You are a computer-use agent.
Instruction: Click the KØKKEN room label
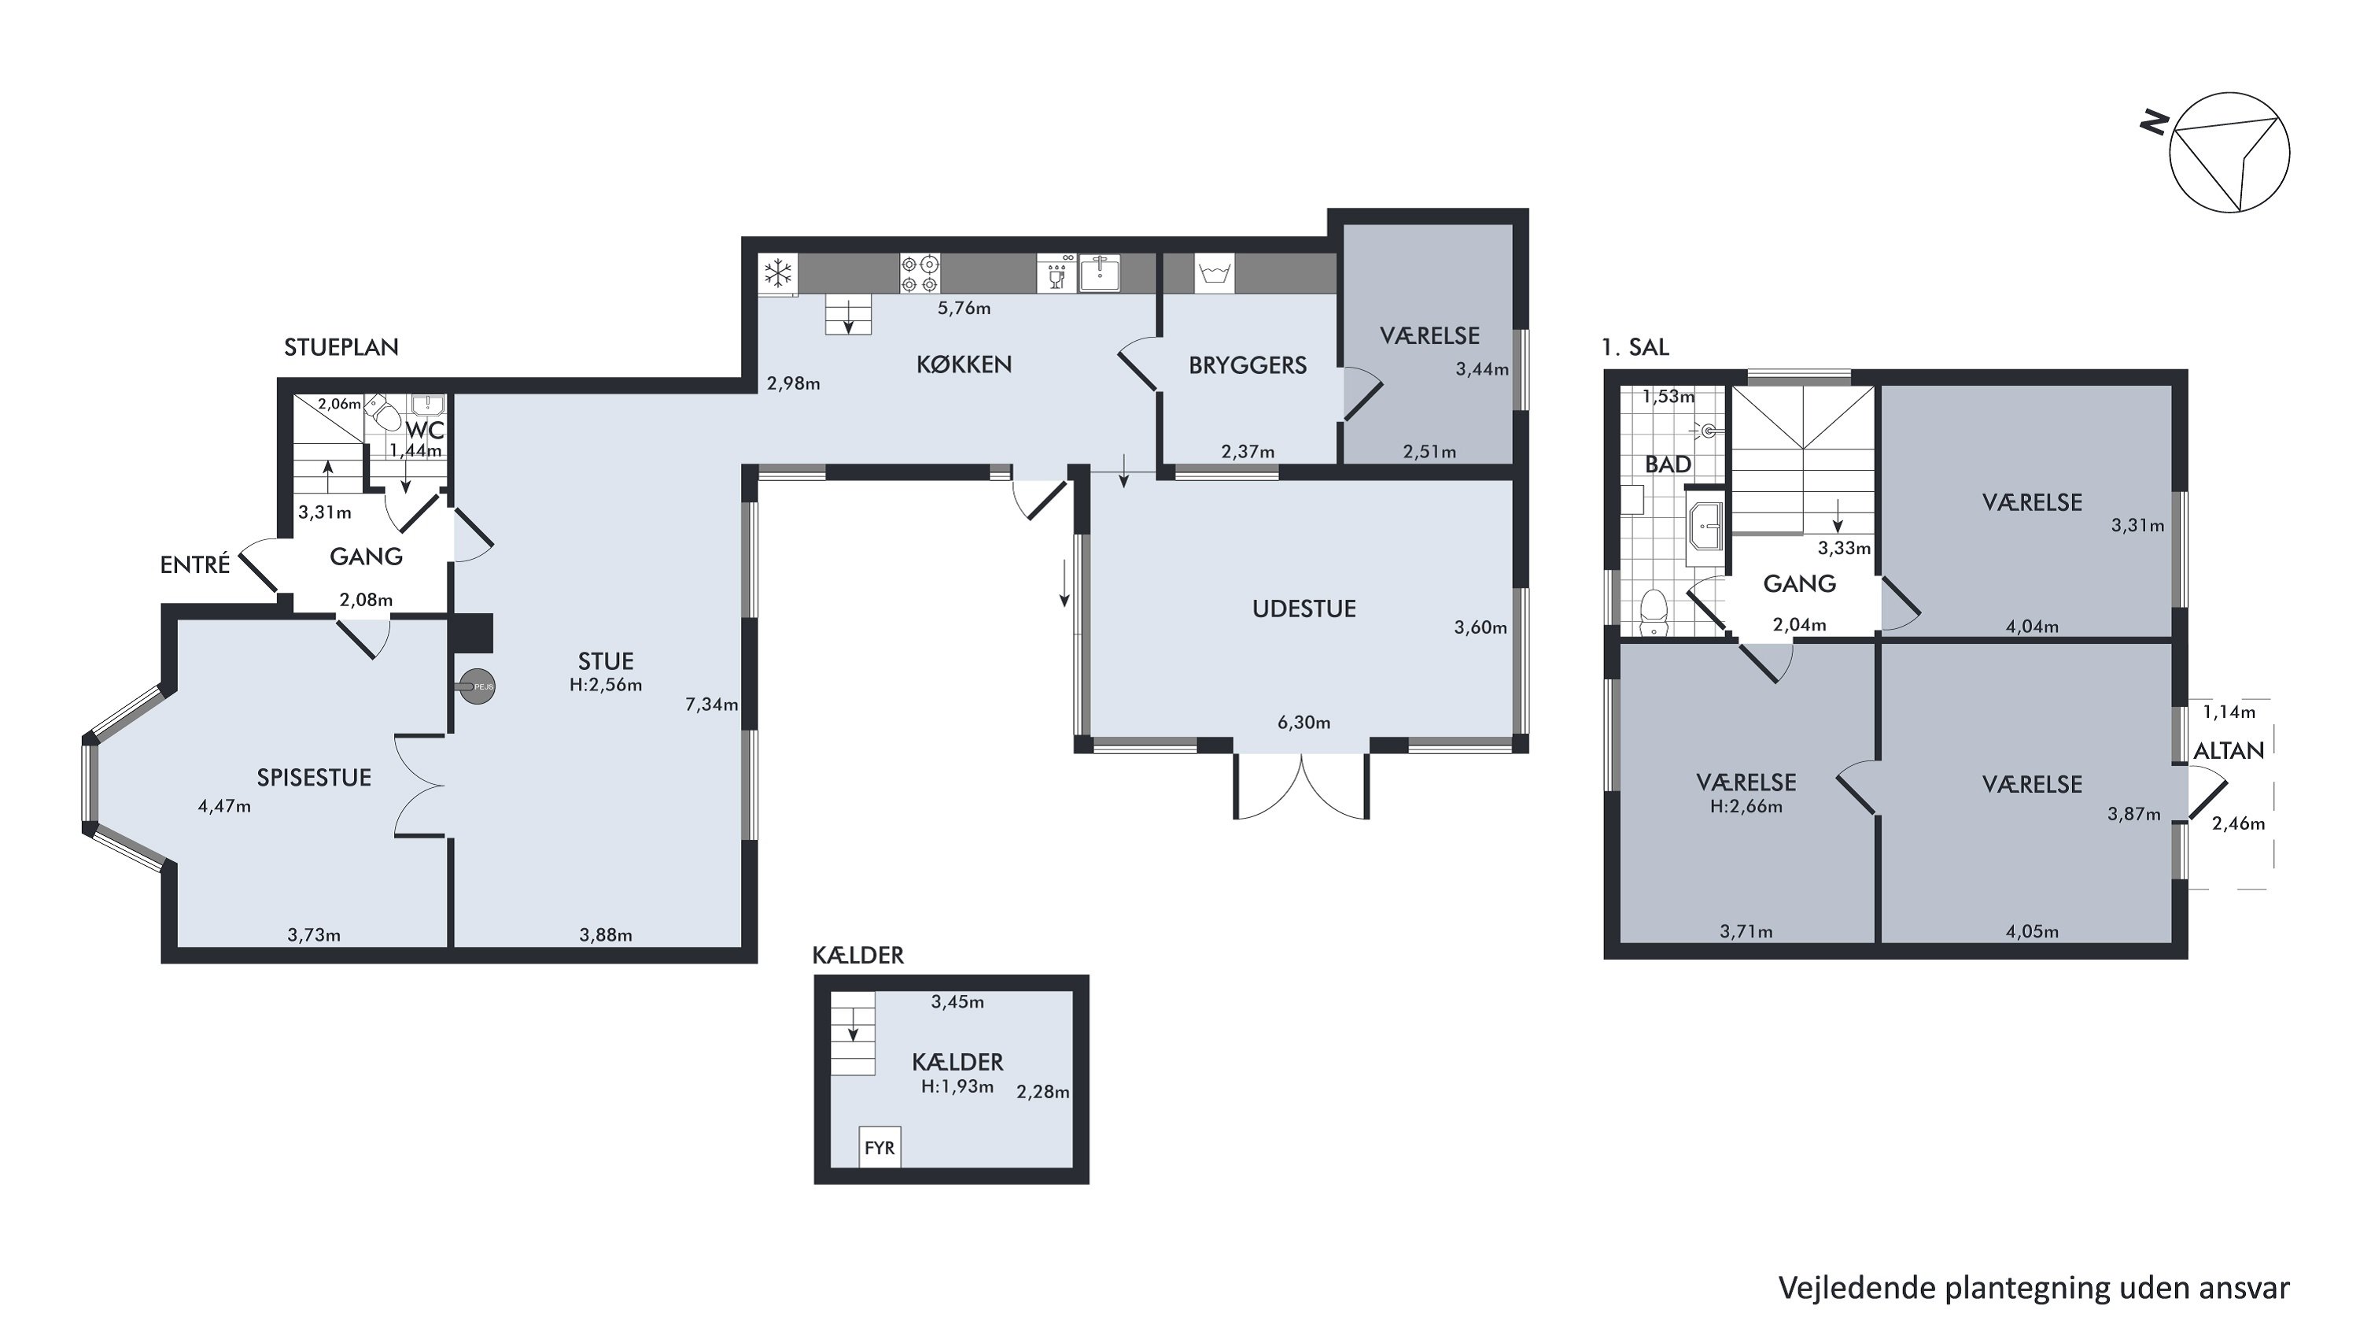tap(964, 364)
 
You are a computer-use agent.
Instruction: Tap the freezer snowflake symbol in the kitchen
tap(779, 272)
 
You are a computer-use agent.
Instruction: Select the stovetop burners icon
tap(920, 273)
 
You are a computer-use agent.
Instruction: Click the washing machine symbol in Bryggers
tap(1214, 273)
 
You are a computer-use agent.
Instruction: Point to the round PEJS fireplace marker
tap(478, 686)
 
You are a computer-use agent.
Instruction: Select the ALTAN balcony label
tap(2228, 751)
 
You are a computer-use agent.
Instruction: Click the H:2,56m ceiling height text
tap(606, 685)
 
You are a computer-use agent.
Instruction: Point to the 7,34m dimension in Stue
tap(712, 705)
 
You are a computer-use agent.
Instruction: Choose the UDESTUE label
tap(1304, 609)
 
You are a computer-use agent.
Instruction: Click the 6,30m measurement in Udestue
tap(1304, 722)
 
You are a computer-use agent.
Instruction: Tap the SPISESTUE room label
tap(313, 777)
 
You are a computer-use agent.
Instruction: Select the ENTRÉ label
tap(195, 564)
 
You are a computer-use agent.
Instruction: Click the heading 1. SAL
tap(1635, 347)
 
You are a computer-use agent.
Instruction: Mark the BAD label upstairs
tap(1668, 464)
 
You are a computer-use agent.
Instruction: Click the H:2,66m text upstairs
tap(1746, 807)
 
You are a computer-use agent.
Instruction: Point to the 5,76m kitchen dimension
tap(964, 308)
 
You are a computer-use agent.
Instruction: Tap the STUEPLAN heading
tap(341, 347)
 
